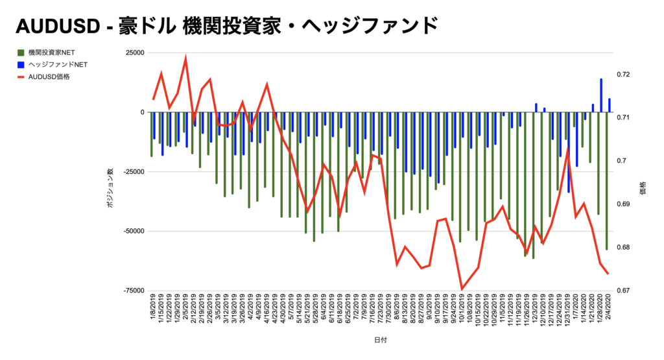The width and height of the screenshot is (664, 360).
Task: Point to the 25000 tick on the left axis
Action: click(135, 53)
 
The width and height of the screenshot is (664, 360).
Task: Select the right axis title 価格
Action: click(643, 188)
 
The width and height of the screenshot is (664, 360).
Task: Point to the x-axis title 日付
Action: click(380, 340)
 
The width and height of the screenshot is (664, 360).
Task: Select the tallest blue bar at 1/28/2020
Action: click(601, 95)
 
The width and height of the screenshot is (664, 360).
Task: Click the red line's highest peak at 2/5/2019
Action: click(186, 58)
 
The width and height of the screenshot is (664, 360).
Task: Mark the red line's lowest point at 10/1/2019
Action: click(462, 289)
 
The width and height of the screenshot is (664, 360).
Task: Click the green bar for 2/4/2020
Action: click(607, 182)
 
